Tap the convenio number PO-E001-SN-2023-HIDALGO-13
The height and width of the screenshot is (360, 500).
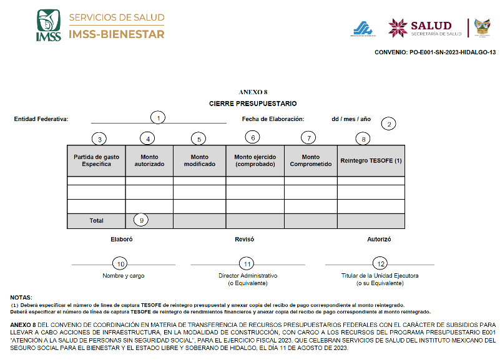point(435,52)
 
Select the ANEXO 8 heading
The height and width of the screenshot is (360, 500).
point(253,92)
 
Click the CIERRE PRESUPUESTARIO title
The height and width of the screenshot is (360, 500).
point(253,103)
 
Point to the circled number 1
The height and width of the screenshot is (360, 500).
point(159,117)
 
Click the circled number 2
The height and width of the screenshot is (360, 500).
point(389,124)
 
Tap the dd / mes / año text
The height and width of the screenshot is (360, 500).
point(351,119)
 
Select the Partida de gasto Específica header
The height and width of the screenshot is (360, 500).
point(96,160)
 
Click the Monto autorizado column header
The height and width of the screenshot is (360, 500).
point(149,160)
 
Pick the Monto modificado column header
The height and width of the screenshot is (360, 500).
point(199,160)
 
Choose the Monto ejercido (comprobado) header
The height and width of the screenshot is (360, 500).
point(255,160)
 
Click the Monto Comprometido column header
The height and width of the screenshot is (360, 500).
point(310,160)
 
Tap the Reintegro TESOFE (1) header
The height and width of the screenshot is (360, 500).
point(371,160)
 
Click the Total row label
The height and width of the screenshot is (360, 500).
point(96,220)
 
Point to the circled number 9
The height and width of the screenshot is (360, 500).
point(142,220)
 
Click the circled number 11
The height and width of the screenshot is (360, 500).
point(248,263)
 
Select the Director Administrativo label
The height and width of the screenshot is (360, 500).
point(248,275)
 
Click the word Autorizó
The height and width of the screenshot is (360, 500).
point(379,239)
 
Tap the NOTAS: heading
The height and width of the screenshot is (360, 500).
point(21,297)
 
